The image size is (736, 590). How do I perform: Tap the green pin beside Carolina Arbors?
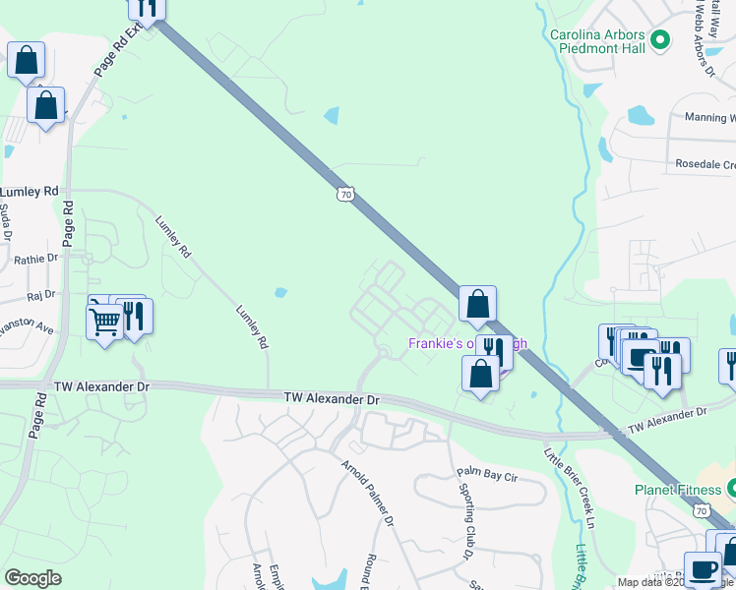660,40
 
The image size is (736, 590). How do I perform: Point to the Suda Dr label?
5,222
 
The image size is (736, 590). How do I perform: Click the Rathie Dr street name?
36,259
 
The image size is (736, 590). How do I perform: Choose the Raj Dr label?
41,294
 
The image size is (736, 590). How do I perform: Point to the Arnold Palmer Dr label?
368,491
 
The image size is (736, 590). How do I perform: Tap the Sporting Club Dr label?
467,512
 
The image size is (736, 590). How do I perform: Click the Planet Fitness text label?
675,490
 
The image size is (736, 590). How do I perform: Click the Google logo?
33,577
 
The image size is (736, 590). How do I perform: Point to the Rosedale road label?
705,164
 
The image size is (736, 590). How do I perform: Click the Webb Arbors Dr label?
704,39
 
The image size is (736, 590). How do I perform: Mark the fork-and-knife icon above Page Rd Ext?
148,8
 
